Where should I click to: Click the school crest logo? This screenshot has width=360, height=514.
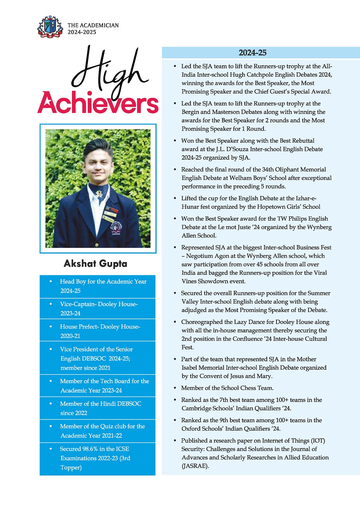pos(50,26)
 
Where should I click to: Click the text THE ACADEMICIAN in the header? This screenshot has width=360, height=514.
pos(93,25)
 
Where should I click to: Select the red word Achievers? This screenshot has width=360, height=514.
pos(98,103)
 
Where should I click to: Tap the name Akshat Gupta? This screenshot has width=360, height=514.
pos(95,263)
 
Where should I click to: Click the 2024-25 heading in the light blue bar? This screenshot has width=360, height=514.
pos(252,53)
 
